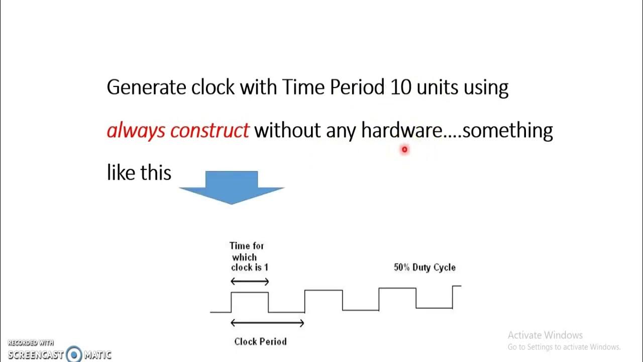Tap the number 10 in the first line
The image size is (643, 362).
click(401, 87)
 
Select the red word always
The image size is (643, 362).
click(136, 130)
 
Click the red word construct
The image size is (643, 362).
click(209, 130)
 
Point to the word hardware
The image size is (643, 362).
click(401, 130)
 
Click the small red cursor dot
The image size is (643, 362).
click(404, 149)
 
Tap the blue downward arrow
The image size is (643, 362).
click(232, 187)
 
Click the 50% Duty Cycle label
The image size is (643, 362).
click(424, 267)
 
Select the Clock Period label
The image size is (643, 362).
click(260, 341)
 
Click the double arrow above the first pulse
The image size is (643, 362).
click(250, 282)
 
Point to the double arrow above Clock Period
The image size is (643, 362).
click(267, 323)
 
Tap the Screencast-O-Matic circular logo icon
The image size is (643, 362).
click(74, 354)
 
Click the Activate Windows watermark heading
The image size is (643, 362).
click(545, 335)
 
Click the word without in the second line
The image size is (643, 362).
click(287, 130)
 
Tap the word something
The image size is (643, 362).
click(507, 130)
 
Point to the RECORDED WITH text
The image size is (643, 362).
click(30, 343)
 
